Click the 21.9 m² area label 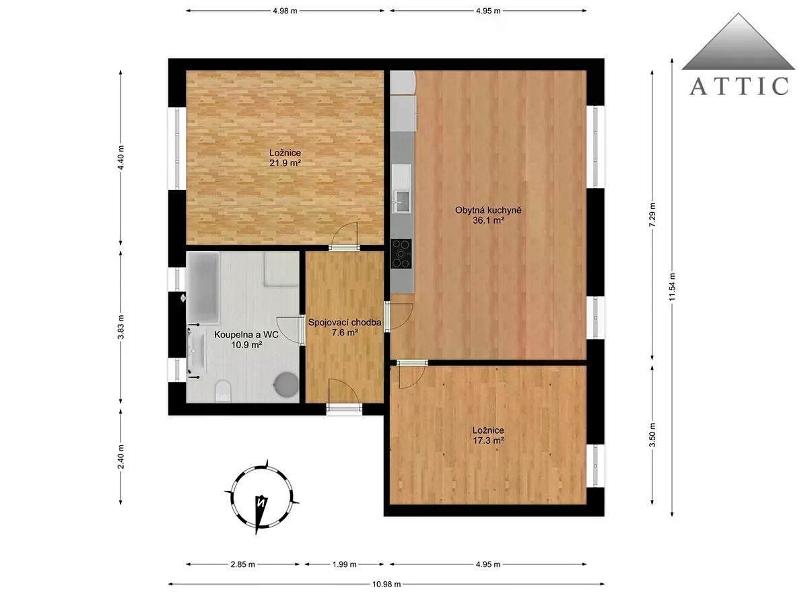[285, 163]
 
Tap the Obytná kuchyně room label [488, 210]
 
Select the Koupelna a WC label [246, 335]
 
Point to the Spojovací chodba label [345, 323]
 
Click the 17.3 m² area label [488, 440]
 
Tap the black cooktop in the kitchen [401, 254]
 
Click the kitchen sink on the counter [402, 201]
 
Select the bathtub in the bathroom [203, 288]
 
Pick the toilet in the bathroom [223, 391]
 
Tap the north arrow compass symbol [262, 497]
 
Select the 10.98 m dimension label [386, 585]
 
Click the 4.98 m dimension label [285, 11]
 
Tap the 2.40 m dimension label [121, 457]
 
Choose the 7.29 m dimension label [652, 215]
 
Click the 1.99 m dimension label [344, 564]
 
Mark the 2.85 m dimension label [243, 564]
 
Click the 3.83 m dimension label [121, 327]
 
